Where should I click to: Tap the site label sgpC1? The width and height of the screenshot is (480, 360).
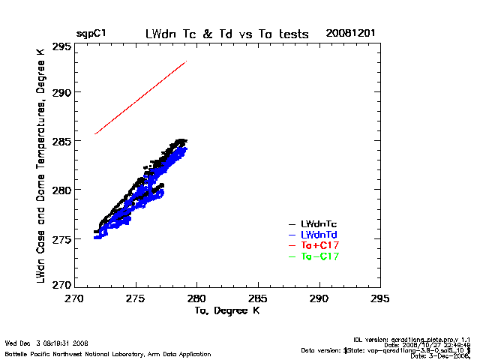click(x=90, y=34)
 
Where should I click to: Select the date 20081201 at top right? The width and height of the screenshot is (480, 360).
click(x=350, y=34)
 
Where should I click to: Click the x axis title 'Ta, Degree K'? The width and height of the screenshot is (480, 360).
click(x=227, y=309)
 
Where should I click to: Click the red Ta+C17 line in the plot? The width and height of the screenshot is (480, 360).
click(x=140, y=97)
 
